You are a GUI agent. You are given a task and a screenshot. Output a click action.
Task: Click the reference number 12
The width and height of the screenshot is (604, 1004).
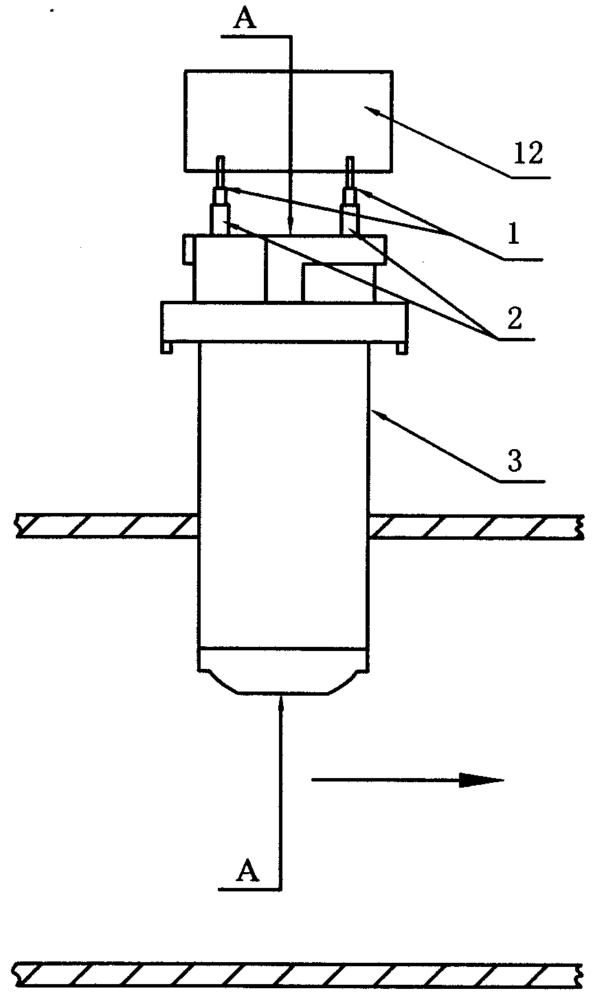[x=528, y=152]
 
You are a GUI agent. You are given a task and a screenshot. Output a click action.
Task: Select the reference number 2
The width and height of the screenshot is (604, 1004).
[x=514, y=318]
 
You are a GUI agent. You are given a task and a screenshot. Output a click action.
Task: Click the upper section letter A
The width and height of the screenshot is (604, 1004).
[x=245, y=19]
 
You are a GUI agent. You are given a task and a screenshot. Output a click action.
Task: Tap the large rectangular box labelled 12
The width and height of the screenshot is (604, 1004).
[x=289, y=121]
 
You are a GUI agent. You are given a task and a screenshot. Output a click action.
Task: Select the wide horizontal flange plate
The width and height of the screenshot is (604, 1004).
[x=284, y=322]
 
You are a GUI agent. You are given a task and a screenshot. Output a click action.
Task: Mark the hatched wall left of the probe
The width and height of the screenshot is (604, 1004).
[x=107, y=526]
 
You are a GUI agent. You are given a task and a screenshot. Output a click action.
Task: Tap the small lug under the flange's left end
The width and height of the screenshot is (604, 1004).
[x=166, y=347]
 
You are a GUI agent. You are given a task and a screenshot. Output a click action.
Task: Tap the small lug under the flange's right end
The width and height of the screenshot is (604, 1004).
[x=402, y=348]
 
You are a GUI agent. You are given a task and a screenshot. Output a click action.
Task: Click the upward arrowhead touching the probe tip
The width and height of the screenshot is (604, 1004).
[x=282, y=704]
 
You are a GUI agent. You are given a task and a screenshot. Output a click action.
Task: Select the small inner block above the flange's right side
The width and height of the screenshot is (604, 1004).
[x=338, y=283]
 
